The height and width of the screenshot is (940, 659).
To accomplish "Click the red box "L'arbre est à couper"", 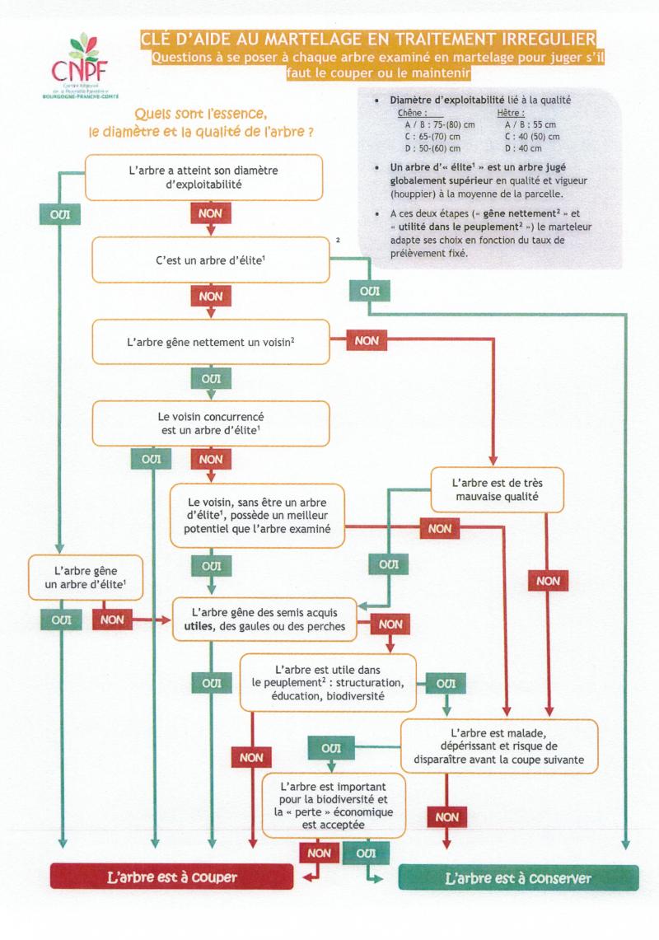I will point(172,877).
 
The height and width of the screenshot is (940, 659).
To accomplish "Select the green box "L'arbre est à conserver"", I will point(518,878).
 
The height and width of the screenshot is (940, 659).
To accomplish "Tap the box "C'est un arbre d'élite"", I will point(209,260).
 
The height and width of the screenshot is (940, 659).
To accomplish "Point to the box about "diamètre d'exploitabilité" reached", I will point(203,177).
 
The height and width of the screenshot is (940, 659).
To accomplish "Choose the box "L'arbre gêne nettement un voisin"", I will point(211,341).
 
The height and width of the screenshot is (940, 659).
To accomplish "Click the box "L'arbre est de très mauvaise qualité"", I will point(496,489).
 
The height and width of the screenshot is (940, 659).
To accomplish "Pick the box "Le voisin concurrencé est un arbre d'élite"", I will point(211,423).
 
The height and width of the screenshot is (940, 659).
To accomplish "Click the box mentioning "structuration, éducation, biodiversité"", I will point(328,682).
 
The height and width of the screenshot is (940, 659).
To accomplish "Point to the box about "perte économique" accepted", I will point(334,799).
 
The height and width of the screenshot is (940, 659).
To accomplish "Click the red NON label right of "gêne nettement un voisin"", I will point(367,340).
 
